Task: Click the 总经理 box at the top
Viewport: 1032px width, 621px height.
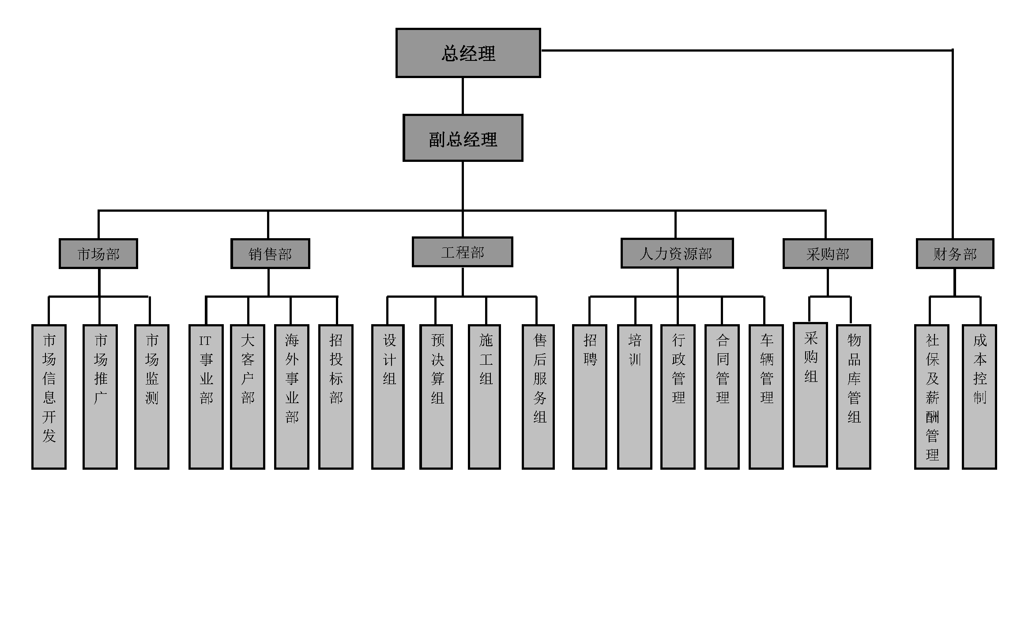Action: click(x=468, y=53)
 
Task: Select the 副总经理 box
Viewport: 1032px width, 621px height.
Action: click(x=463, y=138)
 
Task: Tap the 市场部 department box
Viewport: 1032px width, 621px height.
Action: click(x=98, y=254)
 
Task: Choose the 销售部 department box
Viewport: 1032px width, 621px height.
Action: click(x=270, y=254)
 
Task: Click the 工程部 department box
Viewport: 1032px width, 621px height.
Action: click(x=462, y=252)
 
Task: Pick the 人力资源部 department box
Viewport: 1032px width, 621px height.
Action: click(x=677, y=253)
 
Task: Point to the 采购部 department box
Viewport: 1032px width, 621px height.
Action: click(x=827, y=254)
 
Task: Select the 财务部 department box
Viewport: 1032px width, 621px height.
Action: click(x=955, y=254)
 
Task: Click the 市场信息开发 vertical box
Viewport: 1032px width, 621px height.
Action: click(x=49, y=397)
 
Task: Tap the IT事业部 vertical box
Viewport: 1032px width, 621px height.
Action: click(x=206, y=397)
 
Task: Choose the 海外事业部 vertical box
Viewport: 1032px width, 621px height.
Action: click(x=291, y=397)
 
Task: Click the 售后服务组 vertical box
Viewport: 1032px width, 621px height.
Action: click(x=538, y=397)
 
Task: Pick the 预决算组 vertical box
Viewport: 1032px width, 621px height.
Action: click(x=436, y=397)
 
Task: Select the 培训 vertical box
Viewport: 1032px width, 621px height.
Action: click(x=634, y=397)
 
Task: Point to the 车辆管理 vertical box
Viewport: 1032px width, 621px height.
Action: click(x=766, y=397)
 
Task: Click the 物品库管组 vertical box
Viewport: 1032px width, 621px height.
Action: click(x=853, y=397)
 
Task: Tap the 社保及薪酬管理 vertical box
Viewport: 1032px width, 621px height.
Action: click(x=931, y=397)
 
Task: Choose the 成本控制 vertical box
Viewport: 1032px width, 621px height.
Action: click(x=979, y=397)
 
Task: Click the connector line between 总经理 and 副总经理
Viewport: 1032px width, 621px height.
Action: click(x=463, y=96)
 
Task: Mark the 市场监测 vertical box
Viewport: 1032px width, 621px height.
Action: click(x=152, y=397)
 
